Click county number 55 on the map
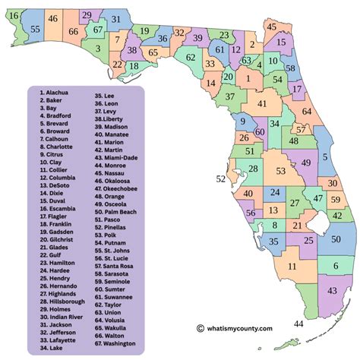(x=36, y=28)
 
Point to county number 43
(x=332, y=291)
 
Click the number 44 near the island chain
(x=298, y=324)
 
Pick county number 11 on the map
(x=292, y=267)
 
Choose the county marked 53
(x=280, y=171)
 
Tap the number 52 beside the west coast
(x=221, y=179)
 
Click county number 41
(x=261, y=104)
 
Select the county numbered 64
(x=306, y=112)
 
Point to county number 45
(x=271, y=27)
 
